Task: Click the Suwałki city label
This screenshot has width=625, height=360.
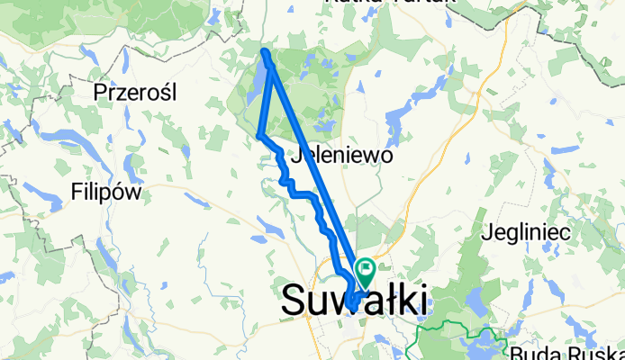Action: pyautogui.click(x=354, y=300)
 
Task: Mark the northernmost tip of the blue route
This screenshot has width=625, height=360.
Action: pyautogui.click(x=265, y=52)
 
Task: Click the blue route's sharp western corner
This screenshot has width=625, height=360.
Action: pyautogui.click(x=259, y=136)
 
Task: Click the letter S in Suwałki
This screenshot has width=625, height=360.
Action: pyautogui.click(x=294, y=300)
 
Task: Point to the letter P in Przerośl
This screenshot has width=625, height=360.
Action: pyautogui.click(x=101, y=92)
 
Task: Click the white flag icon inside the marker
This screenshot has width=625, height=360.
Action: pyautogui.click(x=367, y=266)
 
